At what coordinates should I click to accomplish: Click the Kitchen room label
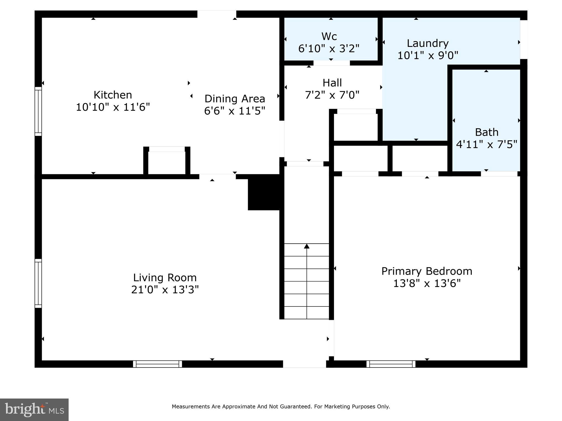click(113, 95)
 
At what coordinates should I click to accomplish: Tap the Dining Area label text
click(235, 99)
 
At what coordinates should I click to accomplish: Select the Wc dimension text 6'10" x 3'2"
click(329, 49)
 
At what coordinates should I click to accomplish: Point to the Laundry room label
click(428, 43)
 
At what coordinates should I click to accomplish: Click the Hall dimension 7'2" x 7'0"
click(332, 95)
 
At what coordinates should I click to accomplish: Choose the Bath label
click(487, 132)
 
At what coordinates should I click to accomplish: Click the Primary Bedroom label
click(427, 271)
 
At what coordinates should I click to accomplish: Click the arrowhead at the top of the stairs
click(307, 246)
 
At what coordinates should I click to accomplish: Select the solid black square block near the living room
click(264, 192)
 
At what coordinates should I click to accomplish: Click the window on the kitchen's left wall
click(38, 111)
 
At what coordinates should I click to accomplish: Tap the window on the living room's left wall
click(38, 283)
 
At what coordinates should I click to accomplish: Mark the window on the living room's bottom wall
click(158, 364)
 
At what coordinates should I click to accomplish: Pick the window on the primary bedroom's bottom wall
click(391, 364)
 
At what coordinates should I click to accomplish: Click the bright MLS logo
click(34, 410)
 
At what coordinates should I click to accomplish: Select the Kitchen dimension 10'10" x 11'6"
click(113, 107)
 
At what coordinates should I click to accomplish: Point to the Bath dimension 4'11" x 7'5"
click(487, 144)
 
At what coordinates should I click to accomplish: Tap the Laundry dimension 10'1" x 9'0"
click(428, 56)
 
